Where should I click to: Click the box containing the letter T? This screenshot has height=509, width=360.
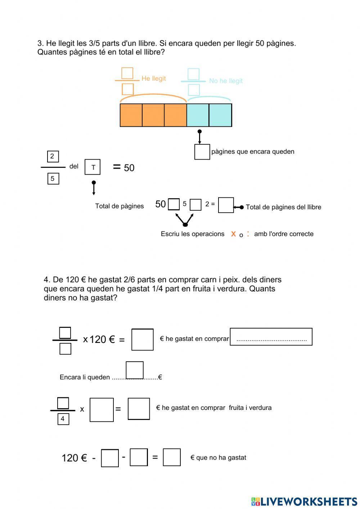[93, 167]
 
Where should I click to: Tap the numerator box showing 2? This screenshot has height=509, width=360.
[53, 156]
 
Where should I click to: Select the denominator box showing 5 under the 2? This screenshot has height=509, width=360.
[53, 178]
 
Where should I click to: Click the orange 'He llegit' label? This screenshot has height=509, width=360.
[153, 79]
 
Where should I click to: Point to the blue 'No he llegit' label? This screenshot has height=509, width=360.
[226, 81]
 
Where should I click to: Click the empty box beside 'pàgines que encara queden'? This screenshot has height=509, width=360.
[202, 152]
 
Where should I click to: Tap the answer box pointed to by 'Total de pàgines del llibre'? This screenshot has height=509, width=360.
[226, 205]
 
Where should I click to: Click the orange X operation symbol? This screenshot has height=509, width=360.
[233, 234]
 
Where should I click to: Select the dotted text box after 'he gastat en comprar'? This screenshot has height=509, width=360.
[271, 336]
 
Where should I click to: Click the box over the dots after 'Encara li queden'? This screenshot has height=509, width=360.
[135, 370]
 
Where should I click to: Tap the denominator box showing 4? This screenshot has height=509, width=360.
[63, 419]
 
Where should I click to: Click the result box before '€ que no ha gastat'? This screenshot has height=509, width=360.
[172, 457]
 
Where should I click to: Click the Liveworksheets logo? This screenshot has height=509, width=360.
[304, 501]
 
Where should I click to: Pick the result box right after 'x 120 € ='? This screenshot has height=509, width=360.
[143, 339]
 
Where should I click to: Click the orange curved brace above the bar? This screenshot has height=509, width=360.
[153, 98]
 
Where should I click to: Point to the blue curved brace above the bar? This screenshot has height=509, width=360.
[209, 99]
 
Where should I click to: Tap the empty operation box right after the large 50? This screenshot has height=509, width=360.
[174, 204]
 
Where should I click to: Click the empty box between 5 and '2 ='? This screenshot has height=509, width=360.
[195, 205]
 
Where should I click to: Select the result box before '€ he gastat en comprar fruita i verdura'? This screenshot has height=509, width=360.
[139, 408]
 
